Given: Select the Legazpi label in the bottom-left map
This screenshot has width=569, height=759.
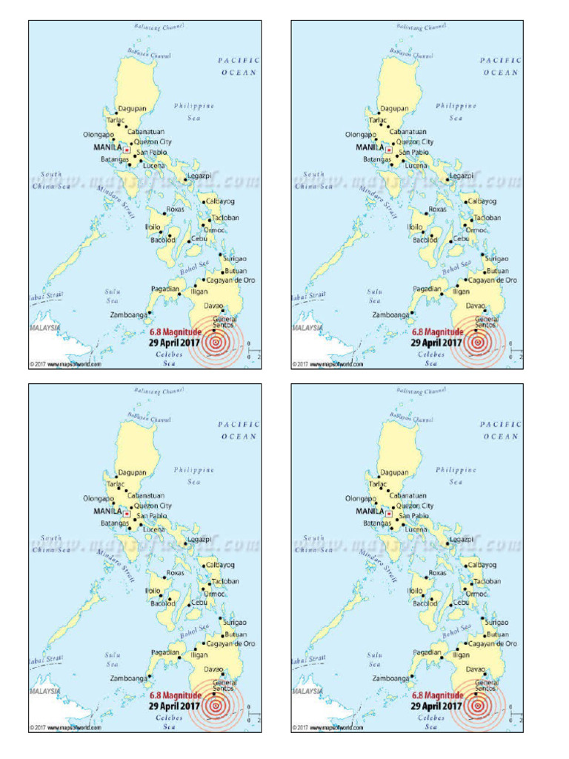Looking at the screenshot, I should coord(200,540).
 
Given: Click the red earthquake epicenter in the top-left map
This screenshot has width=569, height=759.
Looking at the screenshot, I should coord(216,342).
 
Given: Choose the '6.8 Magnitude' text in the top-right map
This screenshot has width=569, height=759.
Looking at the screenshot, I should coord(437,333).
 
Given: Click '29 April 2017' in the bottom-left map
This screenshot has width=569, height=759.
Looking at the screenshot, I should coord(175,706).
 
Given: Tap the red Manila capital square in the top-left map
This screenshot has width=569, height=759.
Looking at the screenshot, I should coord(127,150).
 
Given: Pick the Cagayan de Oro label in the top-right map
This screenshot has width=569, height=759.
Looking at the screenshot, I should coord(492,280).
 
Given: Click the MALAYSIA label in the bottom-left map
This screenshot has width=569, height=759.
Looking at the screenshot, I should coord(45,691).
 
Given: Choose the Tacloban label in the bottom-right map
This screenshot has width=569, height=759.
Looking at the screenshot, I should coord(488,582).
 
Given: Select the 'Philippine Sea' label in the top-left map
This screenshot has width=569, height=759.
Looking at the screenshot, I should coord(194,111).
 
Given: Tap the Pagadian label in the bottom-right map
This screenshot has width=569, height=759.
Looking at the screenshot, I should coord(427,653).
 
